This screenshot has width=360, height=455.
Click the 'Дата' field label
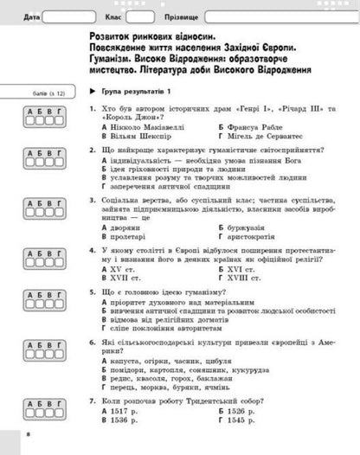32,16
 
